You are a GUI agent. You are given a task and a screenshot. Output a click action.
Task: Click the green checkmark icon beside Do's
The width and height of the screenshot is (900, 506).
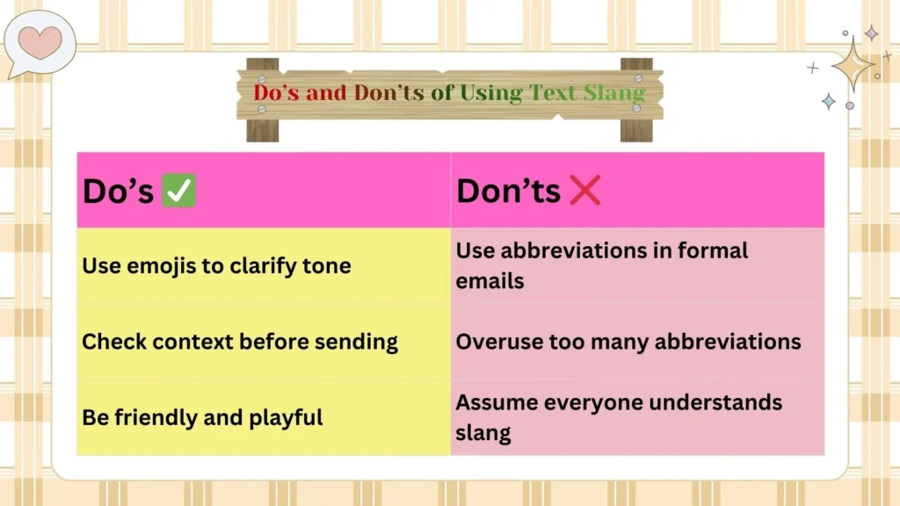click(x=178, y=191)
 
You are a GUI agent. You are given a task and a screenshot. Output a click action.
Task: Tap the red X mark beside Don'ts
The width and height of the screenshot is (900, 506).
click(x=584, y=190)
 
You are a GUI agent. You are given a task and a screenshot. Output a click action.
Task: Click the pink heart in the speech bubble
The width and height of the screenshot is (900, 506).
click(x=41, y=41)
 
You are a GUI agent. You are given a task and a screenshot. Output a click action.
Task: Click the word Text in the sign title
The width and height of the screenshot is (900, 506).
click(x=554, y=92)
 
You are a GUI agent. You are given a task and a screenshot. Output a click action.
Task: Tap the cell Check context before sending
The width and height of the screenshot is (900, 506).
click(x=240, y=342)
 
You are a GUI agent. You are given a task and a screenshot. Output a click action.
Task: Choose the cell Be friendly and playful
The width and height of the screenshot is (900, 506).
click(x=202, y=417)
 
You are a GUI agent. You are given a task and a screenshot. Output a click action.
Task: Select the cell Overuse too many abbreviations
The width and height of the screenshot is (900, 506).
click(x=628, y=342)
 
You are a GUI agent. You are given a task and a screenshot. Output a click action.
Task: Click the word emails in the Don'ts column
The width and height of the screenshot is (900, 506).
click(x=490, y=281)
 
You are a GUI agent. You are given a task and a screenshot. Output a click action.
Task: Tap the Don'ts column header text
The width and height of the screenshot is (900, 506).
click(x=508, y=191)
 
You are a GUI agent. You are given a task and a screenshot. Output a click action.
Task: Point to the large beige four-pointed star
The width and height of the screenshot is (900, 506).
click(x=853, y=65)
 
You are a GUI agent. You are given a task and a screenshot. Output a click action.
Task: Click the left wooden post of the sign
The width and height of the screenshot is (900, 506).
click(x=262, y=99)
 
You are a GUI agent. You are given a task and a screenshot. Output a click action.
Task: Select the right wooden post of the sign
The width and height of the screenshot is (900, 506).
click(x=636, y=99)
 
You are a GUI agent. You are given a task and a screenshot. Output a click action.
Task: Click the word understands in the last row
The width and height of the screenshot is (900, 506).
click(x=714, y=403)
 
